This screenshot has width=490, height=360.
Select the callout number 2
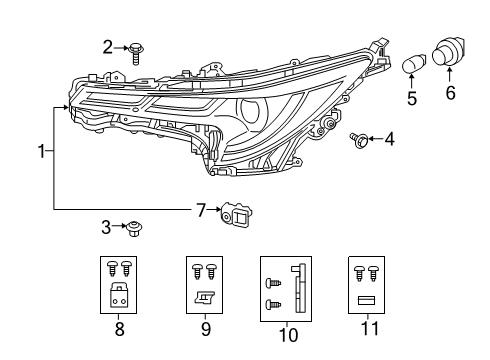click(107, 46)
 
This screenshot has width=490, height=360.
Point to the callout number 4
click(389, 139)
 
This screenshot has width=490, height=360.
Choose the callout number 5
click(410, 99)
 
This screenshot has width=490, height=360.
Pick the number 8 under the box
click(119, 326)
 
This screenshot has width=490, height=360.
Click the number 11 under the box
click(364, 326)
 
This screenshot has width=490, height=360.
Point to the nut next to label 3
click(133, 229)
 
